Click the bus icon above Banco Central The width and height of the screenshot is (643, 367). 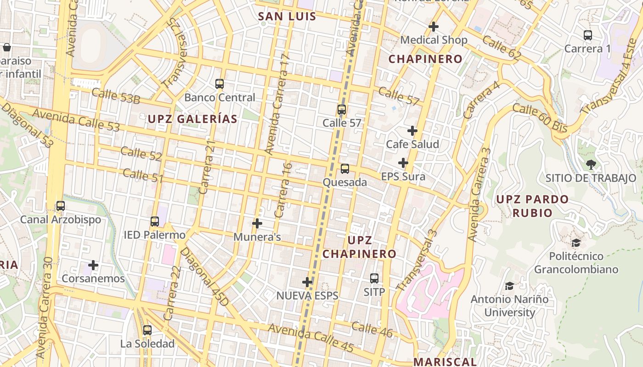(220, 84)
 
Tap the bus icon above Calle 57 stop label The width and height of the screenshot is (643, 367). (341, 110)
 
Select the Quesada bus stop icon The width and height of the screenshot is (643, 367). (345, 169)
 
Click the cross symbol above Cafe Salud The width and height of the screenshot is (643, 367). (412, 131)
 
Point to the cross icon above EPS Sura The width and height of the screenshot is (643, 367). (403, 163)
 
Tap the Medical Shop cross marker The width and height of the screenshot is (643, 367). (433, 27)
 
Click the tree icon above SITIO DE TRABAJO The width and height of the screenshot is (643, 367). (591, 164)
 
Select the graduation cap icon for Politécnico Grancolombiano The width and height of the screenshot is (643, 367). (576, 242)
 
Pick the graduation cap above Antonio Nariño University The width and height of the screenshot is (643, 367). (509, 286)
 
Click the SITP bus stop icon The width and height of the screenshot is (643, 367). (374, 278)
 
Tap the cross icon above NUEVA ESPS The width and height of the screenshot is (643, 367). (307, 282)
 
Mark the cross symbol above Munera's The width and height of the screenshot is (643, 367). (257, 223)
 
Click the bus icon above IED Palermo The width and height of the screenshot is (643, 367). (155, 222)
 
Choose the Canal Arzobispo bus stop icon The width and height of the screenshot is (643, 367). (60, 206)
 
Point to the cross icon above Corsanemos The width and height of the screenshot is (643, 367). (93, 265)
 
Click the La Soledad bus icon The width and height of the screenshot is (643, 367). (147, 330)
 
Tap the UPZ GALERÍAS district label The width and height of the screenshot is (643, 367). (192, 119)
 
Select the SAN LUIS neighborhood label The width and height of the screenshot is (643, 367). (287, 17)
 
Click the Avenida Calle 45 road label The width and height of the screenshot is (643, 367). (311, 337)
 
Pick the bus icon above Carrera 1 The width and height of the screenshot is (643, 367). (587, 35)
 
